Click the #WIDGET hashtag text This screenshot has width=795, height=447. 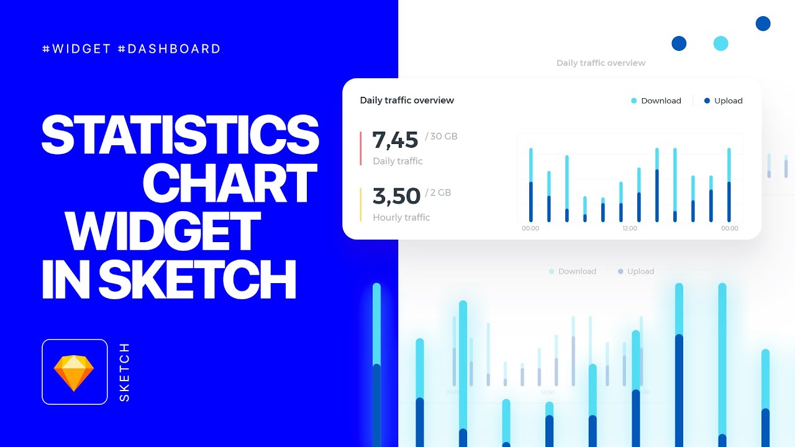coord(76,49)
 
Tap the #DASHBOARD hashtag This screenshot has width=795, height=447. coord(169,49)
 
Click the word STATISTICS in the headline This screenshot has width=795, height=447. coord(180,135)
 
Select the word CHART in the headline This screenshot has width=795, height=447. coord(230,184)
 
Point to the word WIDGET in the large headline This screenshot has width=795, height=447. coord(163,232)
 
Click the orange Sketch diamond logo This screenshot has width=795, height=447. coord(74,372)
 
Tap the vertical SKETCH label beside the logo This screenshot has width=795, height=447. coord(124,372)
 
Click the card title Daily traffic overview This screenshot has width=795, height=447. coord(407,101)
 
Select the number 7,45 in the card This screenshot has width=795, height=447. coord(395,140)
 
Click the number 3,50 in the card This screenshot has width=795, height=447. coord(396,196)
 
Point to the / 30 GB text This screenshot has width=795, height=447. coord(442,137)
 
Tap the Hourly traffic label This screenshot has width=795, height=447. coord(401,217)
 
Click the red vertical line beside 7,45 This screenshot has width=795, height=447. coord(360,148)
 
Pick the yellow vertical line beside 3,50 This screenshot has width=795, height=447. coord(360,204)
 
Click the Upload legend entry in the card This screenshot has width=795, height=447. coord(724,101)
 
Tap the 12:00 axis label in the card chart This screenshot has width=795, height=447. coord(630,228)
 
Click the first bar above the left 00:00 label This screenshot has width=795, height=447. coord(530,185)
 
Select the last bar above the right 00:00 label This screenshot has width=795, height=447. coord(729,185)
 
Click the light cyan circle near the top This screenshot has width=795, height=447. coord(720,43)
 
